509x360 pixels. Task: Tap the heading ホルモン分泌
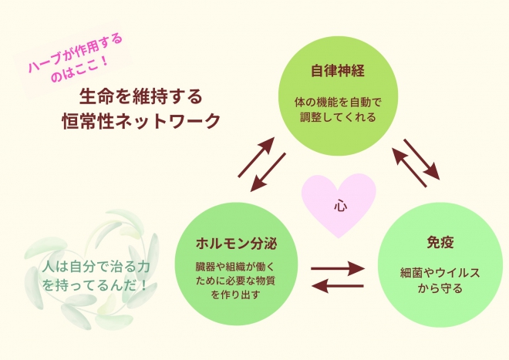pyautogui.click(x=236, y=244)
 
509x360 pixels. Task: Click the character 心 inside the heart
pyautogui.click(x=340, y=206)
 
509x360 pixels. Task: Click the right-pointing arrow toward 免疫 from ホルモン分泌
pyautogui.click(x=337, y=270)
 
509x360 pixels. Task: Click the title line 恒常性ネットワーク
pyautogui.click(x=141, y=121)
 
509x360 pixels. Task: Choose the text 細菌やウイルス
pyautogui.click(x=440, y=272)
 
